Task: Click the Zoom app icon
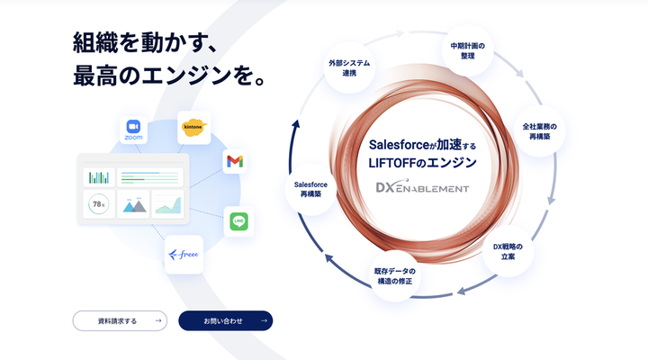coord(133,130)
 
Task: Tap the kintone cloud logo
coord(193,128)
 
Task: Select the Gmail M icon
coord(235,161)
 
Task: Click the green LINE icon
coord(238,221)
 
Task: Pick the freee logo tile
coord(184,255)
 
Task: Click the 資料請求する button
coord(120,320)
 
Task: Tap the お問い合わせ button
coord(226,320)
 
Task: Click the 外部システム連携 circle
coord(349,67)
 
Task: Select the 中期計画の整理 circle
coord(467,50)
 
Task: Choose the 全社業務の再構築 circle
coord(539,131)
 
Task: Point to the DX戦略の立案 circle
coord(508,251)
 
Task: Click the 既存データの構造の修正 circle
coord(395,276)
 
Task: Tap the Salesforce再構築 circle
coord(310,189)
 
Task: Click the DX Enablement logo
coord(422,187)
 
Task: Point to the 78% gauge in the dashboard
coord(99,204)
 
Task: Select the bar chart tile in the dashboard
coord(99,177)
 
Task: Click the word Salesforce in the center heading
coord(399,145)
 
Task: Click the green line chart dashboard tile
coord(167,204)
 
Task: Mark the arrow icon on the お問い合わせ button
coord(264,320)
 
